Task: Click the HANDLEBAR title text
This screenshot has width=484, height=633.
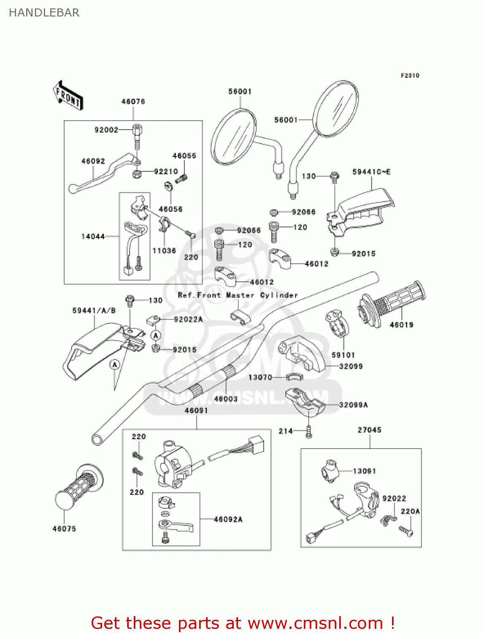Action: [44, 13]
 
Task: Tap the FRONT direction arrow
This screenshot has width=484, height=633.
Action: [68, 96]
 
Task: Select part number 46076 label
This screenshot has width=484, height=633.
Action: [133, 102]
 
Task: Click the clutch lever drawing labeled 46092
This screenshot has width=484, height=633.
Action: [101, 175]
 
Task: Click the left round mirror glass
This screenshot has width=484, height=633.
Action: [233, 137]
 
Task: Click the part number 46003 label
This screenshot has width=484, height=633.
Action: [226, 399]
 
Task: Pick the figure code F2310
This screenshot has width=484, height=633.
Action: [410, 76]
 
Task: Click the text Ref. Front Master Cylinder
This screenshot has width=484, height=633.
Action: [238, 295]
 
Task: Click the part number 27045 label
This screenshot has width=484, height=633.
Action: [369, 430]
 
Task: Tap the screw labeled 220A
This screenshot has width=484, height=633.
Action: [406, 531]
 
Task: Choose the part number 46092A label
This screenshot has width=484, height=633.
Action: [228, 519]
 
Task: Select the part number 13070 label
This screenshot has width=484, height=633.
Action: [260, 377]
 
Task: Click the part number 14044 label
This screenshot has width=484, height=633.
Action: [93, 237]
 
